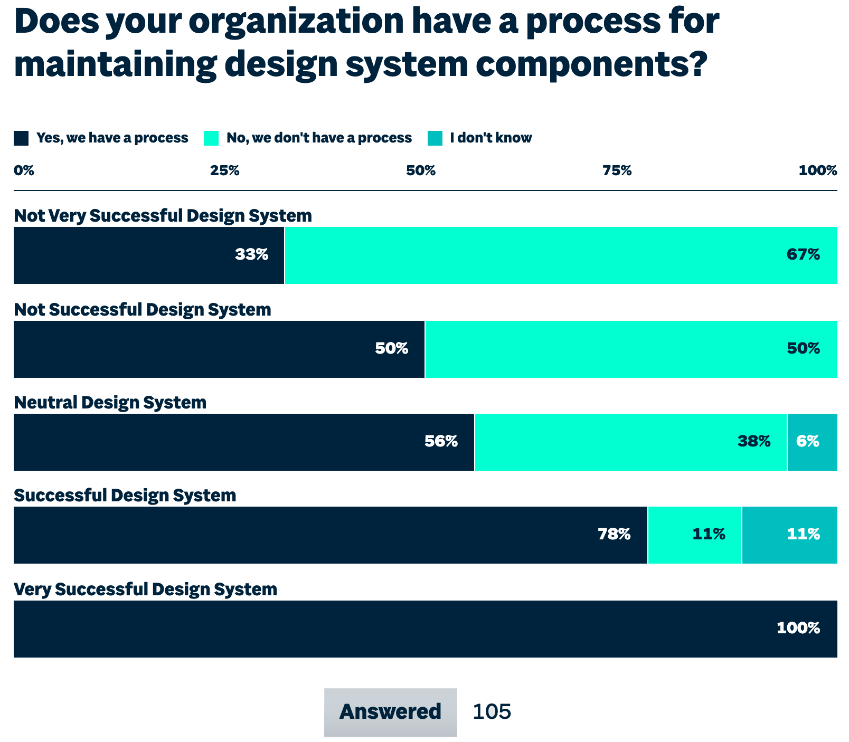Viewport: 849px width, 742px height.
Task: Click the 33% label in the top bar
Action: [252, 255]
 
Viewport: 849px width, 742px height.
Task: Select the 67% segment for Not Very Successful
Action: [560, 255]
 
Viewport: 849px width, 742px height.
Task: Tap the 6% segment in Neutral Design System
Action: [812, 442]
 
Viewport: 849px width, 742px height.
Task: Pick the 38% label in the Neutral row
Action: [754, 441]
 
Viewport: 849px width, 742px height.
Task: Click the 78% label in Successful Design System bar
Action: [614, 535]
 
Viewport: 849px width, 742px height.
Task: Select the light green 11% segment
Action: [694, 535]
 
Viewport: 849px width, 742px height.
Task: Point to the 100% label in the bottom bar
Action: [798, 628]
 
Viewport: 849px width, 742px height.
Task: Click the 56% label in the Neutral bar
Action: [441, 441]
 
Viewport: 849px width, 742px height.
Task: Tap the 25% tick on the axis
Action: [224, 170]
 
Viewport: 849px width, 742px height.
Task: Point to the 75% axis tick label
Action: [617, 170]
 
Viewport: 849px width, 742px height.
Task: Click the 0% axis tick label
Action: [24, 170]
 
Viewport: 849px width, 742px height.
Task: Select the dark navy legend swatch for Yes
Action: [21, 138]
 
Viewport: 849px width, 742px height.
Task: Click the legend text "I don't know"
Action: [490, 138]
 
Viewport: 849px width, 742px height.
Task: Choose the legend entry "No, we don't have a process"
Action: [319, 138]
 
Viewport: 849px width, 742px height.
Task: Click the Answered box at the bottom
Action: [390, 711]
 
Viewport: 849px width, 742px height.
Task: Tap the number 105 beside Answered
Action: [492, 711]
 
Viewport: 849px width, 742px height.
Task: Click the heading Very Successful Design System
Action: [145, 589]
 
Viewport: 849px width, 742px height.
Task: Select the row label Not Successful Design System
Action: [143, 309]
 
